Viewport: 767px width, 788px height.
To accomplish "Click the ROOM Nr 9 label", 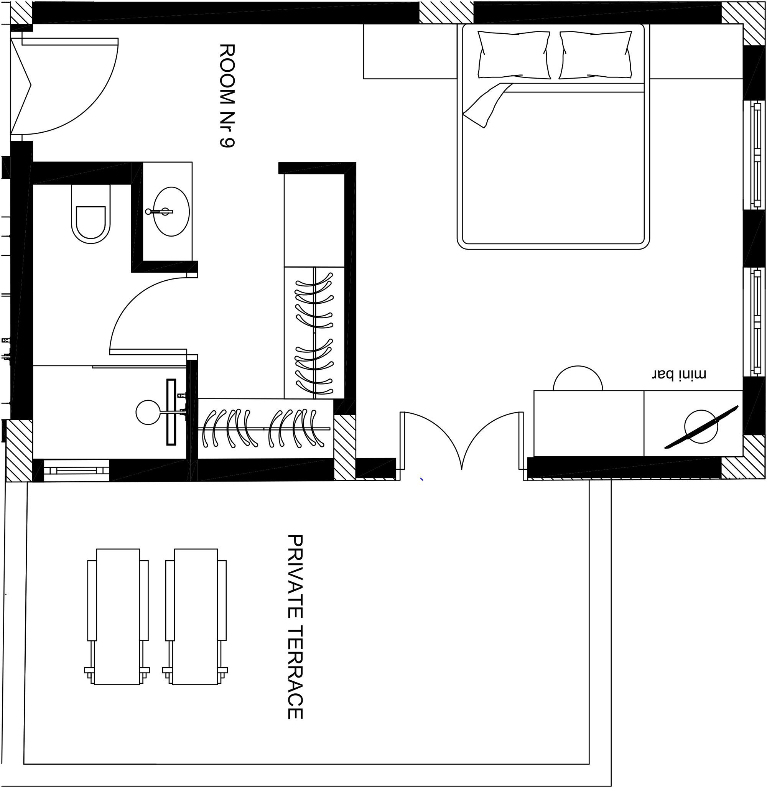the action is click(x=227, y=96).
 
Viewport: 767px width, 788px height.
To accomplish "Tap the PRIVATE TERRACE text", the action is click(x=295, y=627).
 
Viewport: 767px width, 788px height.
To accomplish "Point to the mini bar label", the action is click(x=679, y=374).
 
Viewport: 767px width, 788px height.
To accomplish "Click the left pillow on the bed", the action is click(x=514, y=55).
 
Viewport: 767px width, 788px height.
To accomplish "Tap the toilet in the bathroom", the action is click(x=91, y=214).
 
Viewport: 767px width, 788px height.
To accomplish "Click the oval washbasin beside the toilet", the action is click(x=171, y=212).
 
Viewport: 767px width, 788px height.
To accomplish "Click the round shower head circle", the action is click(x=148, y=412).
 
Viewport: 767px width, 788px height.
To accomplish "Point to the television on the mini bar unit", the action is click(x=701, y=427).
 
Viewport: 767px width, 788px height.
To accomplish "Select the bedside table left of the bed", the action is click(x=410, y=51).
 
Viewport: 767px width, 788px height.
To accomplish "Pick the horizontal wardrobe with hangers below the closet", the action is click(x=266, y=428).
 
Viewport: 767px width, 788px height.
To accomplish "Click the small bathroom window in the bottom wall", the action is click(x=77, y=470).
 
